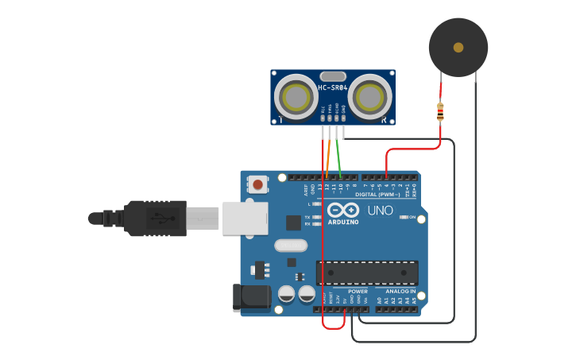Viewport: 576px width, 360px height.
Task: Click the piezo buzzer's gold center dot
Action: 458,48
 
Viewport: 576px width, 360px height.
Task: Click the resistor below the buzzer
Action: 440,112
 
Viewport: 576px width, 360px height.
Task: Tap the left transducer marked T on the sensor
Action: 296,98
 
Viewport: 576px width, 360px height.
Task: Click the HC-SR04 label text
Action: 332,87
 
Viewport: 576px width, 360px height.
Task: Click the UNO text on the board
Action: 380,211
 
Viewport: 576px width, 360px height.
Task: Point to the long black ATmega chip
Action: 367,273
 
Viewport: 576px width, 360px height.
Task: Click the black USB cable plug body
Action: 155,217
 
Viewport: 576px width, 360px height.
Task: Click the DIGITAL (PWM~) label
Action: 377,195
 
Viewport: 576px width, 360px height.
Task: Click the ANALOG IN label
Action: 400,292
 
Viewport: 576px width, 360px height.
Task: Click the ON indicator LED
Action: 404,217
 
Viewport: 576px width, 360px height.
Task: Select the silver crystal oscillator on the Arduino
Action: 290,246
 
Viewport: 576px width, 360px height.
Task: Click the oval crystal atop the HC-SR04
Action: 333,76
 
